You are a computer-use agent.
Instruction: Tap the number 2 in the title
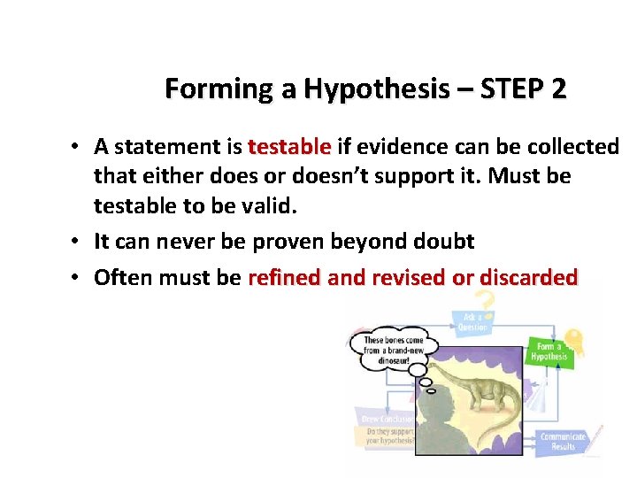[x=557, y=89]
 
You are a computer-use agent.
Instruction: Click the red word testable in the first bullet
[x=289, y=147]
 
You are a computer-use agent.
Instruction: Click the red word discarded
[x=528, y=278]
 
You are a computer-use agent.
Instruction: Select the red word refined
[x=284, y=278]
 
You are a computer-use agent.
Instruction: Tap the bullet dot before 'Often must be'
[x=78, y=278]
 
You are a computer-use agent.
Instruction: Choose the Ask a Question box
[x=470, y=321]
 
